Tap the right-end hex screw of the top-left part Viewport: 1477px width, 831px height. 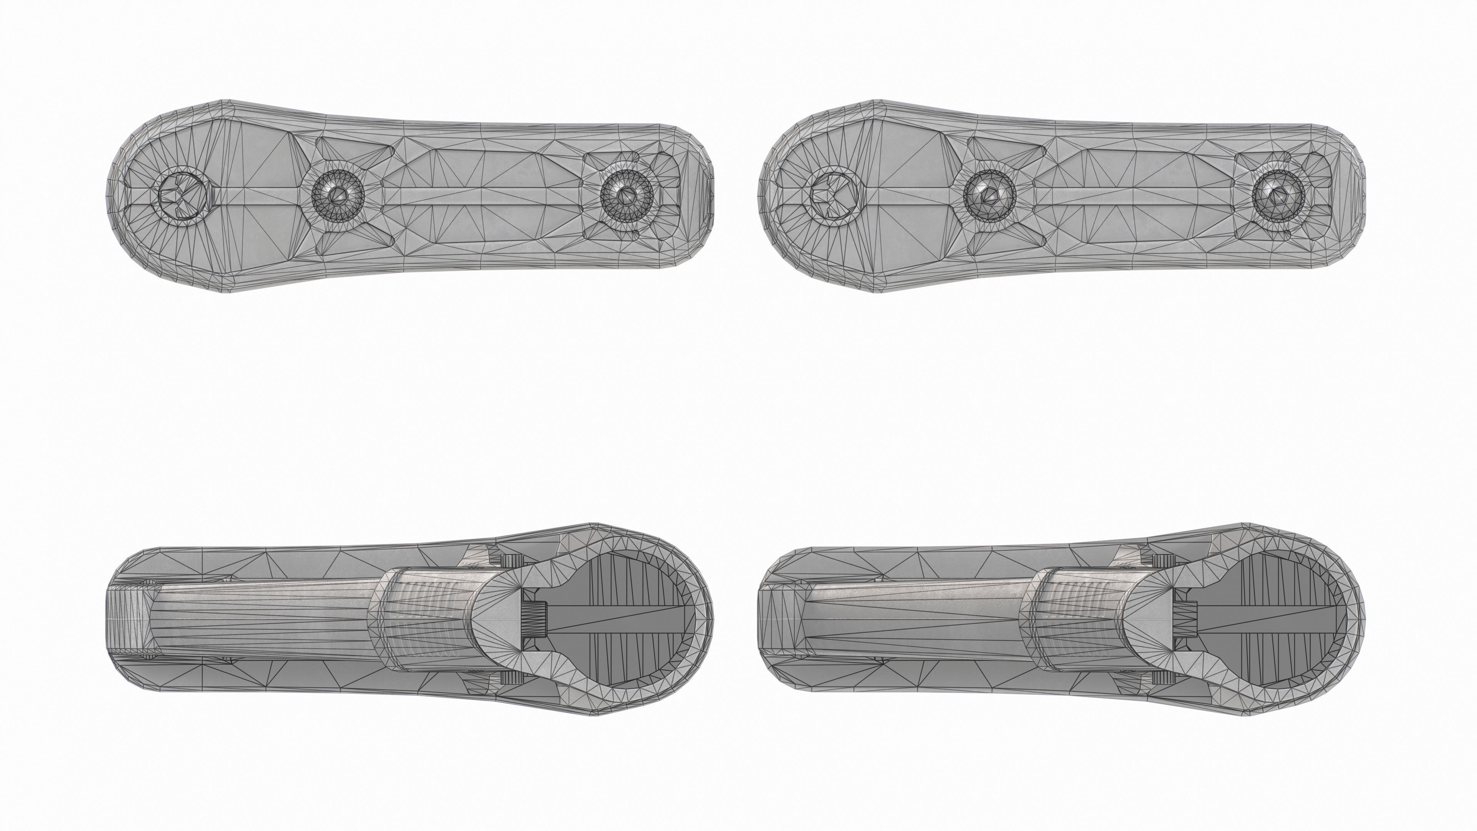point(627,195)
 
